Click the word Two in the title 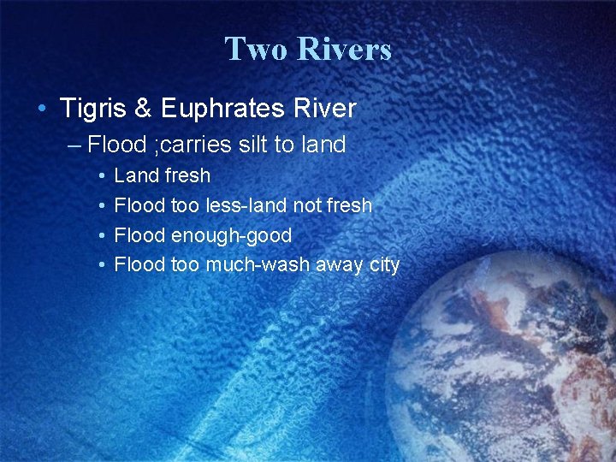(253, 49)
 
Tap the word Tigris (92, 109)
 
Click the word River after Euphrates (325, 109)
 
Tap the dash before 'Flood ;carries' (74, 145)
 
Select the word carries (195, 145)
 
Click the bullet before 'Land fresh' (101, 176)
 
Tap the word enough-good (232, 235)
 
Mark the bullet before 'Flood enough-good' (101, 235)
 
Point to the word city (384, 265)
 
